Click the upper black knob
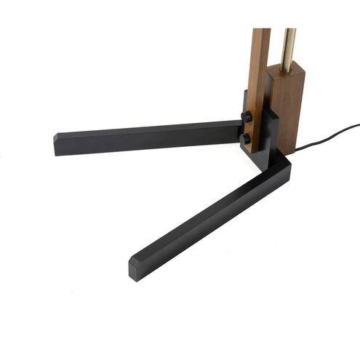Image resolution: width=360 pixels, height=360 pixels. [247, 116]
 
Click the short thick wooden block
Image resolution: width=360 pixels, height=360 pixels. [289, 109]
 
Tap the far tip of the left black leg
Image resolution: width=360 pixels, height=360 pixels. [57, 143]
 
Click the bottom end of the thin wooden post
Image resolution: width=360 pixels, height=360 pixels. [255, 149]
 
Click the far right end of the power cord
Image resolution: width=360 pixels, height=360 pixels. [357, 125]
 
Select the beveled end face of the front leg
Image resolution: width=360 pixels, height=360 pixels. [136, 270]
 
